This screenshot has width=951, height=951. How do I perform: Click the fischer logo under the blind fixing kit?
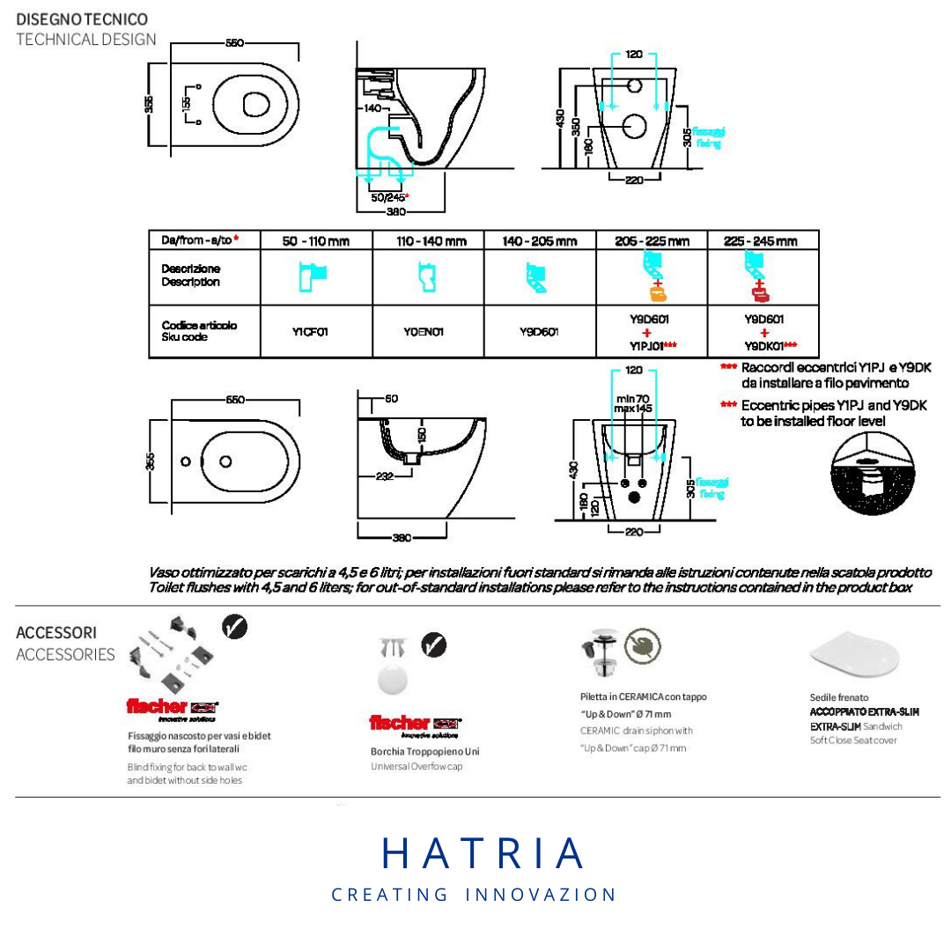[x=172, y=707]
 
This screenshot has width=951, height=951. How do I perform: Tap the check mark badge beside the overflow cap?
[x=433, y=645]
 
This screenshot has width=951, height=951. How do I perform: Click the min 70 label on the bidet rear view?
[x=633, y=399]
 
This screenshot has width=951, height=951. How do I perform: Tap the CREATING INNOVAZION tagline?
[x=474, y=895]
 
